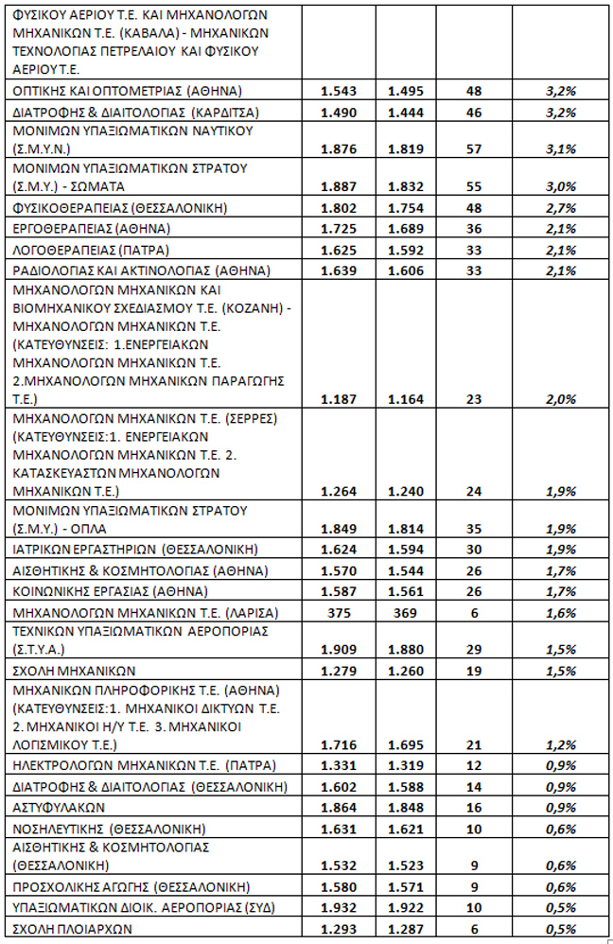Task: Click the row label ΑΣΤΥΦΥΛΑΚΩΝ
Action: pos(59,808)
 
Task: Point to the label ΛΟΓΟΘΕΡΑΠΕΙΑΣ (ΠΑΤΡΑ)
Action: pos(92,250)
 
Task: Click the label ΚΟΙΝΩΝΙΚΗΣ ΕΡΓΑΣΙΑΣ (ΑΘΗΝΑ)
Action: pos(110,591)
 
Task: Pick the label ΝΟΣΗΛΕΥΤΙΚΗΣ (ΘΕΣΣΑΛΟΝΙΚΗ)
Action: pos(112,828)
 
